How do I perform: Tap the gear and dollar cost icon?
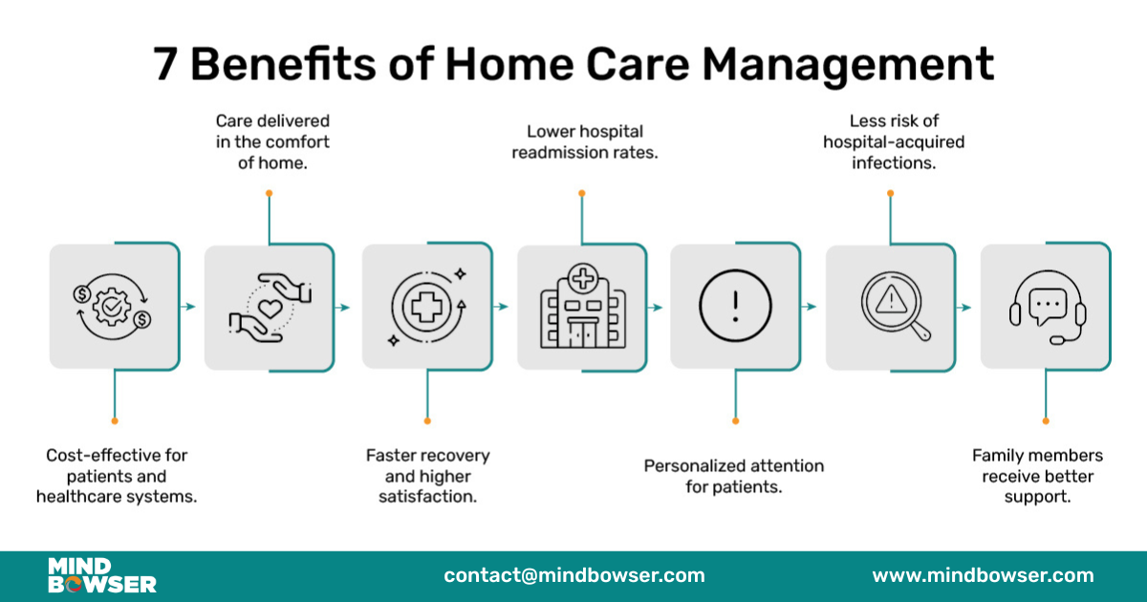point(114,307)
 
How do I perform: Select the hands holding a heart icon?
point(269,307)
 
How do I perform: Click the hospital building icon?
point(581,307)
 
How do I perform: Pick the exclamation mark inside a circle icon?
point(735,307)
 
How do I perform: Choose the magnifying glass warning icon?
point(893,307)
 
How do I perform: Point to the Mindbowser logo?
point(102,575)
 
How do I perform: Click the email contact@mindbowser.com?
point(573,575)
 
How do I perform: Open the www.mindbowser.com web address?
point(983,575)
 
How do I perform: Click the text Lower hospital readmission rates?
point(584,141)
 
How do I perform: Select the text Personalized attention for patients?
point(733,476)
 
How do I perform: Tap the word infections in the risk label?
point(892,162)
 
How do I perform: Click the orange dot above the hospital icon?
point(581,193)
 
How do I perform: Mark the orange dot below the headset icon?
point(1046,420)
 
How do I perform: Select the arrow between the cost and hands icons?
point(191,307)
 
